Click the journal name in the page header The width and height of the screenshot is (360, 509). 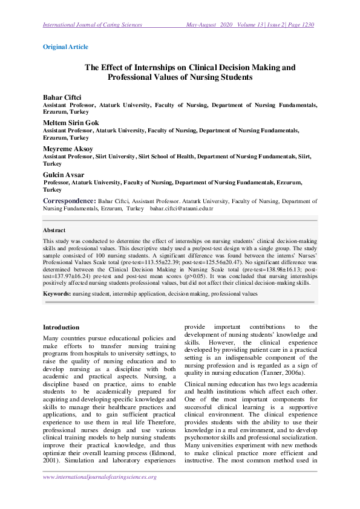(x=93, y=25)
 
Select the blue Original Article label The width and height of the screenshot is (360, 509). (x=66, y=47)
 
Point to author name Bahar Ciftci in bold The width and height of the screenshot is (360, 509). (x=61, y=97)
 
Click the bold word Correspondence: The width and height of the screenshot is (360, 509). (x=69, y=200)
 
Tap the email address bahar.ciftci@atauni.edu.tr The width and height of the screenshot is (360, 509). (x=182, y=208)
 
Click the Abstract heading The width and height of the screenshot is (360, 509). (x=54, y=230)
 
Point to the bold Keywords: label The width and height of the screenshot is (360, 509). (x=57, y=293)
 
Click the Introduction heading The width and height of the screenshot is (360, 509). (x=61, y=327)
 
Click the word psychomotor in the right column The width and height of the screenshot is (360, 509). (x=204, y=434)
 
